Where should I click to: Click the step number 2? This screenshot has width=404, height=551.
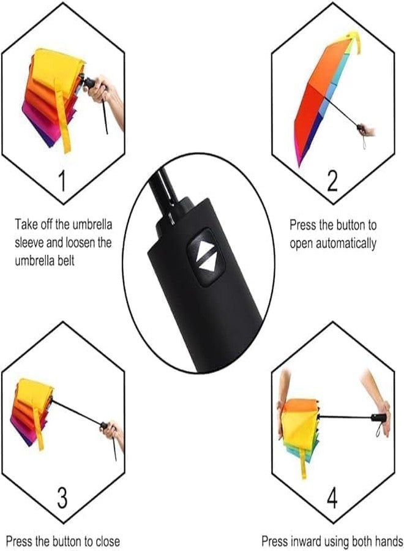(x=332, y=181)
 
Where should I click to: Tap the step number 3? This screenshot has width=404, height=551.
(x=62, y=498)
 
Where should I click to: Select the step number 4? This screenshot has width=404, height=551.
(x=332, y=498)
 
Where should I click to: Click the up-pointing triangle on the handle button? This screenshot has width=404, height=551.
(x=203, y=247)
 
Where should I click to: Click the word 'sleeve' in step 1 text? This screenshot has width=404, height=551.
(x=31, y=242)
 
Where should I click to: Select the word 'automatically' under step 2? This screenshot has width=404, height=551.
(x=348, y=243)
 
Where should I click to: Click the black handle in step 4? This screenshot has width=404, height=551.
(x=378, y=418)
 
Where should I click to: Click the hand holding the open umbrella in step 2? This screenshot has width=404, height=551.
(x=366, y=130)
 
